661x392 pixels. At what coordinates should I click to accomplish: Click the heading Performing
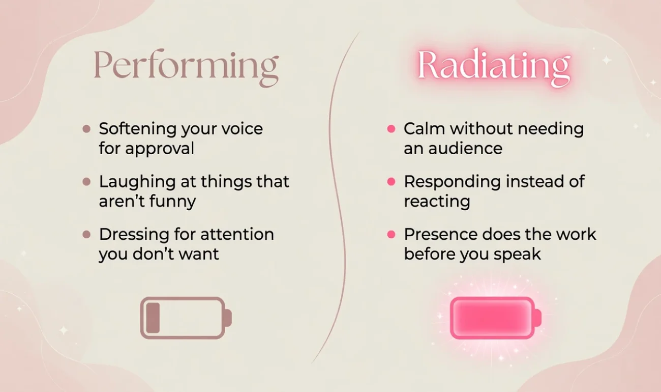click(186, 68)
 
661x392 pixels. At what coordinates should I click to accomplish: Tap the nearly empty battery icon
click(186, 318)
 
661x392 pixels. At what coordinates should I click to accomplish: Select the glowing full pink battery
click(496, 318)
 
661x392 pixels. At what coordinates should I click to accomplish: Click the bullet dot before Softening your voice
click(86, 129)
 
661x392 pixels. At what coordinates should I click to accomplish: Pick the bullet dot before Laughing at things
click(86, 182)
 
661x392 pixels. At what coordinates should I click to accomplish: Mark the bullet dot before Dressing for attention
click(86, 235)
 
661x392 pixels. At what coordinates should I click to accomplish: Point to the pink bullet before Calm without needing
click(392, 129)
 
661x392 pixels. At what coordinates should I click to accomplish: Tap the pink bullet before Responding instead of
click(392, 182)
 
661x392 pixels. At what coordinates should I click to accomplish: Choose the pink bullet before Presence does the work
click(392, 235)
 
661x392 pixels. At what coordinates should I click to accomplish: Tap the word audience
click(465, 148)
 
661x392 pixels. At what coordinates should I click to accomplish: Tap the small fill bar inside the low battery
click(153, 318)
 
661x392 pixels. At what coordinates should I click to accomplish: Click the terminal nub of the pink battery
click(538, 318)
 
